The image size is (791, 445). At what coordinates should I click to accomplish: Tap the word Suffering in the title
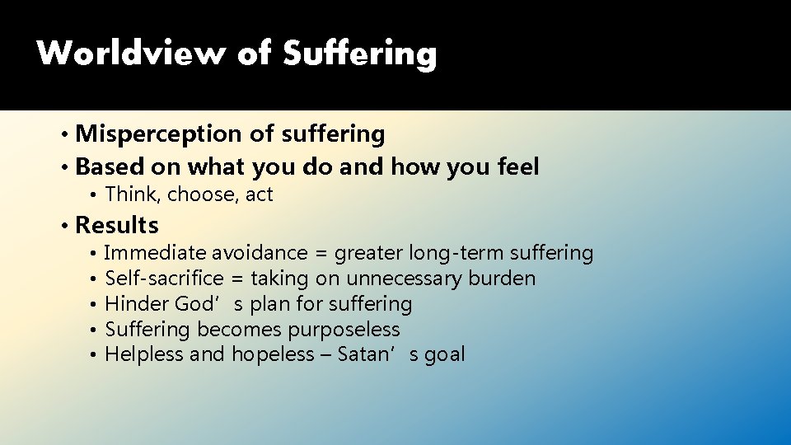[360, 54]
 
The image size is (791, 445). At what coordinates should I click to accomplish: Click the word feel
[518, 167]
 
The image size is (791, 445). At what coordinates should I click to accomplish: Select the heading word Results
[117, 225]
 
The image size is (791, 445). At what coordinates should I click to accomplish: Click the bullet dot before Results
[65, 226]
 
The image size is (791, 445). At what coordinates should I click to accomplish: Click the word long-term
[456, 253]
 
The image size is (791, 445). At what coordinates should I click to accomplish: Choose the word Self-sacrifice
[165, 279]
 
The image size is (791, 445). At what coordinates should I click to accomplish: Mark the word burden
[502, 279]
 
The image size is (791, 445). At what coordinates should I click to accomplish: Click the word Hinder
[137, 304]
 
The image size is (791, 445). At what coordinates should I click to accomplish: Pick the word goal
[444, 355]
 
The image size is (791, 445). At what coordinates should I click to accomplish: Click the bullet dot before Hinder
[96, 305]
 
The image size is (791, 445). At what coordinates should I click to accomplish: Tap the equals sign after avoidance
[322, 254]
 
